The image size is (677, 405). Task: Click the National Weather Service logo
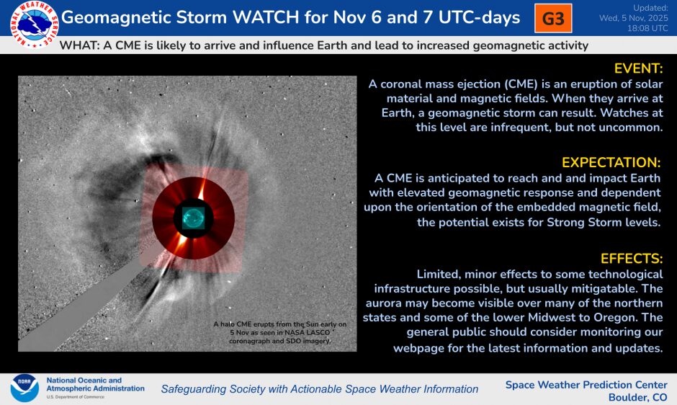click(x=30, y=22)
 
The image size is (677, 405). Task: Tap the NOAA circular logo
click(x=24, y=388)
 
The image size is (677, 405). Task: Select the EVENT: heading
click(x=637, y=68)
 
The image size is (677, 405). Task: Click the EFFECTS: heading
click(x=631, y=258)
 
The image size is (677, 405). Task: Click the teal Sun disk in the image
click(x=192, y=217)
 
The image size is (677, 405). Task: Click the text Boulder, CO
click(x=637, y=398)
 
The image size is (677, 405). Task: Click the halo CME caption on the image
click(x=279, y=333)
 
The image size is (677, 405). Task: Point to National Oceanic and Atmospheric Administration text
click(x=95, y=384)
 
